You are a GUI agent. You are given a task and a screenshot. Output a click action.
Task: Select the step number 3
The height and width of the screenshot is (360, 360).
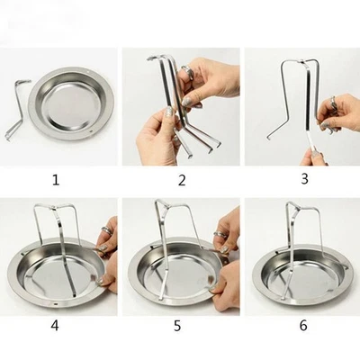point(304,179)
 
